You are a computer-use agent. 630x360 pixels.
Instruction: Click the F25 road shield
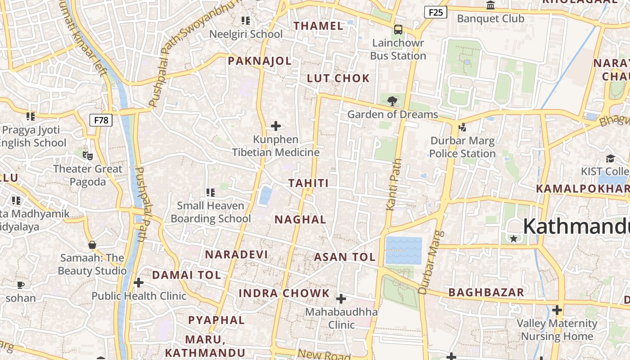[436, 13]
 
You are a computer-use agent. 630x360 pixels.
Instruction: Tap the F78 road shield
[101, 120]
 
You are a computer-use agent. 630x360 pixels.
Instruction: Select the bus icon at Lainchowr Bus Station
[398, 30]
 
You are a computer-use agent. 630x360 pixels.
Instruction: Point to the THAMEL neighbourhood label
[319, 26]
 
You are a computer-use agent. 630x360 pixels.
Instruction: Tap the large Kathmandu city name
[576, 226]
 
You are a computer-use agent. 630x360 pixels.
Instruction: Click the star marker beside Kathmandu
[513, 238]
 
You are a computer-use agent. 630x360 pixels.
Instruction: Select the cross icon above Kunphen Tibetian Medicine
[276, 126]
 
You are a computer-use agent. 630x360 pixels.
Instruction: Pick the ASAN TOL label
[344, 257]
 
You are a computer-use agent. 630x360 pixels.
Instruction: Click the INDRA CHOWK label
[284, 293]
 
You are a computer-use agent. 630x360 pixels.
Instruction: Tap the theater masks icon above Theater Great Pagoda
[88, 156]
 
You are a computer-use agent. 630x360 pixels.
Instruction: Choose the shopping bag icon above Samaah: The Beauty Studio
[92, 245]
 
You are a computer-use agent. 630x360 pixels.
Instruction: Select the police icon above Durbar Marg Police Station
[462, 127]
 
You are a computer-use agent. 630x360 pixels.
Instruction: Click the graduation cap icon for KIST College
[610, 158]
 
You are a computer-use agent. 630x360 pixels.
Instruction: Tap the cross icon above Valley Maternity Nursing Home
[557, 310]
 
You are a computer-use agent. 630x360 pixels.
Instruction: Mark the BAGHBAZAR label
[486, 292]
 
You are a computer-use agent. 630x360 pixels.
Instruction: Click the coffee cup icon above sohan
[21, 285]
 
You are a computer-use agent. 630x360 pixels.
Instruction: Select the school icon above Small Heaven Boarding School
[210, 193]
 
